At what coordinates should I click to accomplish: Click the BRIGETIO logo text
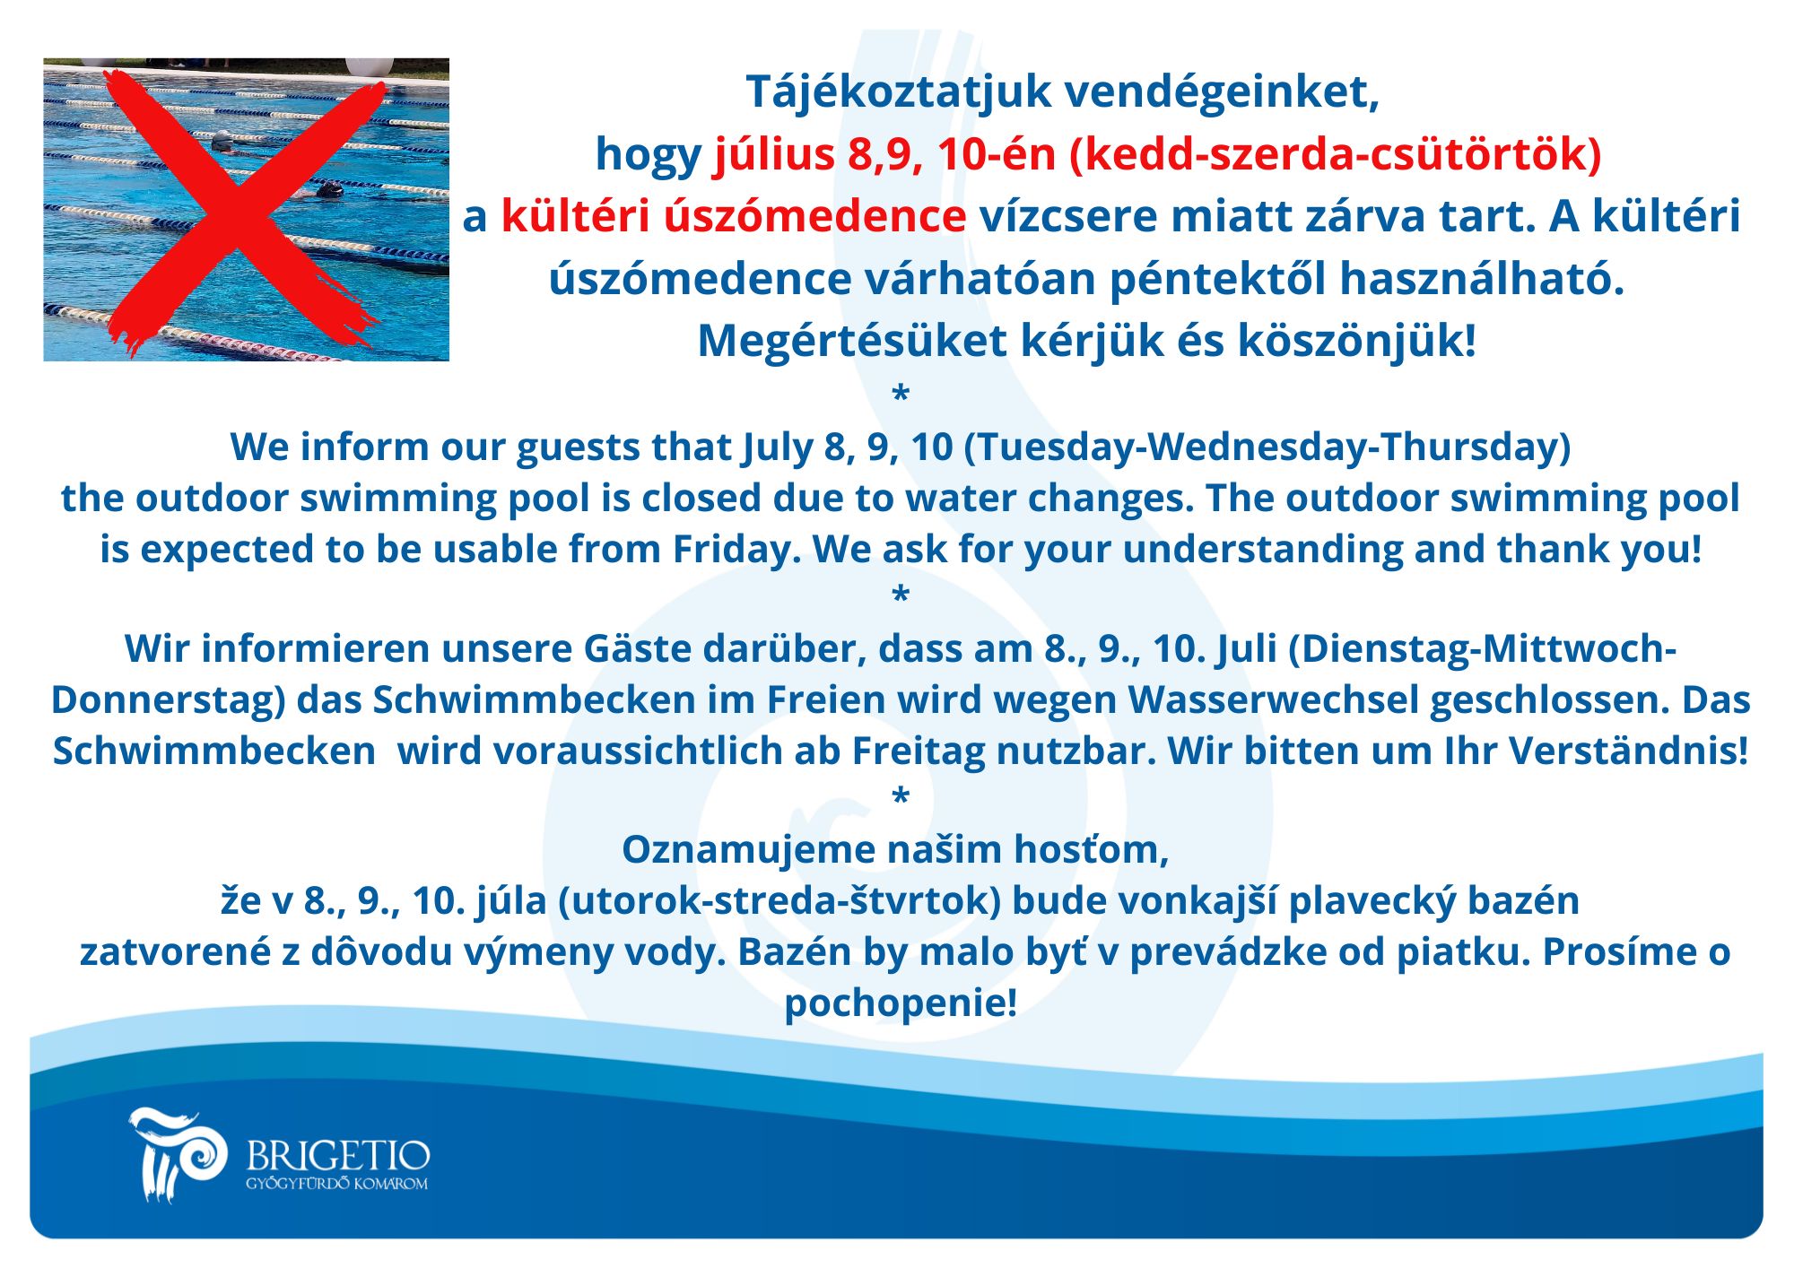pos(338,1155)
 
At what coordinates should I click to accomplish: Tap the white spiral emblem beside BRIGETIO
pos(178,1154)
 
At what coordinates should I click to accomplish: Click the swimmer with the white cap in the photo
pos(222,141)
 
